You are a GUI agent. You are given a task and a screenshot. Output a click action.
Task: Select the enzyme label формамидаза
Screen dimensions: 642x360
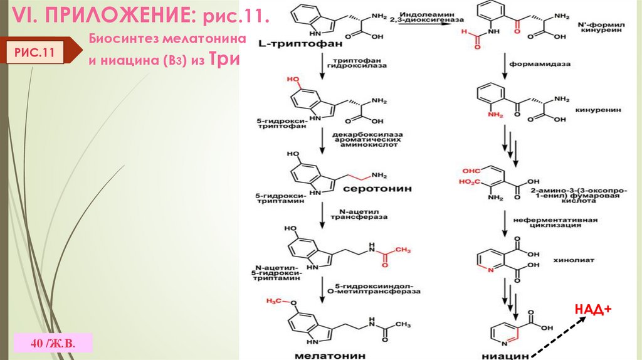[538, 63]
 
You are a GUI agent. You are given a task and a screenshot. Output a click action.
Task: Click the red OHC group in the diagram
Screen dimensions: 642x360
[471, 170]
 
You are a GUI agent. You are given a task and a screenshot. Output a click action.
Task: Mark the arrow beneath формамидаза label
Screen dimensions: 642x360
[505, 65]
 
